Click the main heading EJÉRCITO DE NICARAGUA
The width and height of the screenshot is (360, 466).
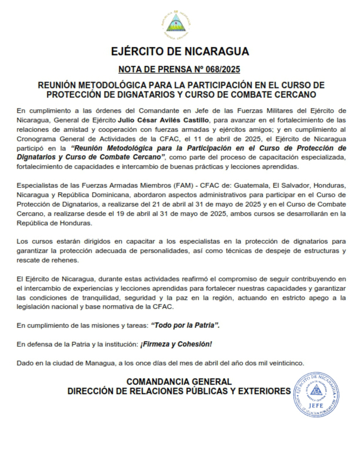point(180,51)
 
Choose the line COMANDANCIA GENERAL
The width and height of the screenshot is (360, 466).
point(179,381)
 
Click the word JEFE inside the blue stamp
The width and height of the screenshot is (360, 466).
point(316,404)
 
